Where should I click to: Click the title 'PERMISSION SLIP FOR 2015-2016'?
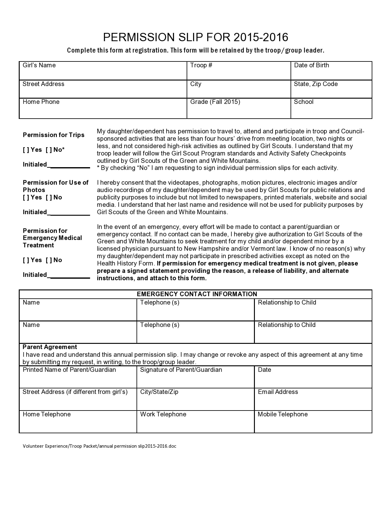196,37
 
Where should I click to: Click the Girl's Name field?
103,73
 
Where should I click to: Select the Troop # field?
239,73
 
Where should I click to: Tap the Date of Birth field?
331,73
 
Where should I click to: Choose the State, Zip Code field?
331,92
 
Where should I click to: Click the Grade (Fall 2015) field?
239,111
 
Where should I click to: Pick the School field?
331,111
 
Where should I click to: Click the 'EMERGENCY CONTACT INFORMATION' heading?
197,294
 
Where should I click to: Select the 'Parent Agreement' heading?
50,347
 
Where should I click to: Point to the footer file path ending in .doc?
99,446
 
